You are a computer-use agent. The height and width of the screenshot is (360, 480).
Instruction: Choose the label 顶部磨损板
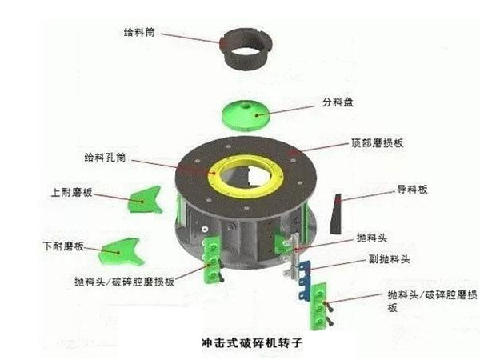click(374, 142)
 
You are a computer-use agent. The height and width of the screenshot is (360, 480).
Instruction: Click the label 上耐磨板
click(72, 193)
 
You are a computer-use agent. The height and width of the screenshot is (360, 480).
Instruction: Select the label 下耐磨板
click(65, 246)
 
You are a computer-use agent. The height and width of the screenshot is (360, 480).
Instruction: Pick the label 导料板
click(413, 190)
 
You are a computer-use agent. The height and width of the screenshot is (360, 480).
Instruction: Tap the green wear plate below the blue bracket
click(318, 308)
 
